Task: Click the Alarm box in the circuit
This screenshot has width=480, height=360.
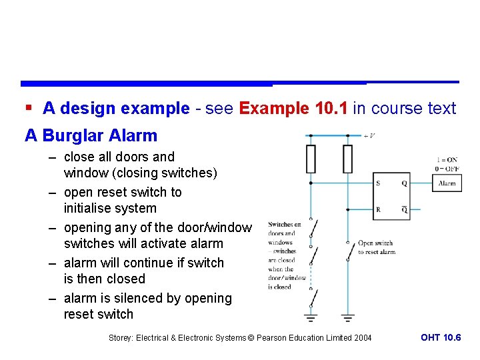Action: (447, 183)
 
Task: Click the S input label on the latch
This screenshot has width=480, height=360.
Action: (378, 183)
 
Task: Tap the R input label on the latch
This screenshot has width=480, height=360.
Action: (378, 209)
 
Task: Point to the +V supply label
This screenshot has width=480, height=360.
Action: (369, 135)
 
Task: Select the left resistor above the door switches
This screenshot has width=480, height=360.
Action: (311, 159)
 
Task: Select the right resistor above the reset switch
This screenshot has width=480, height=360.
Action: (347, 159)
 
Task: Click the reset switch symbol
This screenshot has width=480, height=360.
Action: (348, 251)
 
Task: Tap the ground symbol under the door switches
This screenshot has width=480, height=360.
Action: (311, 317)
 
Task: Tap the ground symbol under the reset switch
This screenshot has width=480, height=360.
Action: (347, 317)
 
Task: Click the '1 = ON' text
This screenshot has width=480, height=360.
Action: (446, 160)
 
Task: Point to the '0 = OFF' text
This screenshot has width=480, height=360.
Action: (446, 168)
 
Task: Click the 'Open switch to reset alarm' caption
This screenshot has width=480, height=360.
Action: (376, 247)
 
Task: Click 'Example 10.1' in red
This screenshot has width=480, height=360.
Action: (293, 108)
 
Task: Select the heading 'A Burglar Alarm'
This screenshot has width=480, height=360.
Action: (91, 136)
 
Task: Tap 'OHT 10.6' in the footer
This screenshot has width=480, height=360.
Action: (440, 338)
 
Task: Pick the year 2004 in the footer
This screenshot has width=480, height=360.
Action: (363, 338)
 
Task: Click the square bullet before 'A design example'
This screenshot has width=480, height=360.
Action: (28, 108)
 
